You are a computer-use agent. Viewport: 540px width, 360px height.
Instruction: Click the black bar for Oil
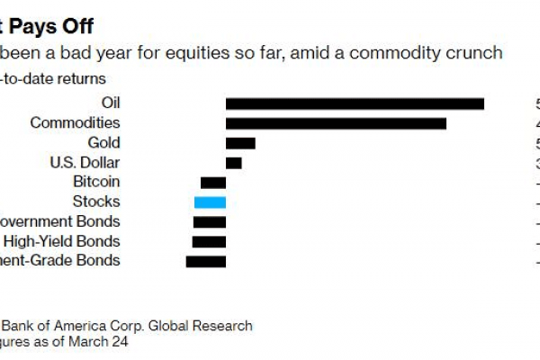tap(355, 103)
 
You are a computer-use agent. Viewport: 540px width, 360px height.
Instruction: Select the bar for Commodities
tap(336, 123)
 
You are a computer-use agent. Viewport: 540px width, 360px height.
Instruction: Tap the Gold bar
tap(240, 143)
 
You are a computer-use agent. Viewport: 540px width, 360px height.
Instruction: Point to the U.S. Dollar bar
tap(233, 163)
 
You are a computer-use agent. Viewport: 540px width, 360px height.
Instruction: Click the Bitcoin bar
tap(213, 183)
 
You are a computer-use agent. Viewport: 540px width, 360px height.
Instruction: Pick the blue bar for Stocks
tap(210, 202)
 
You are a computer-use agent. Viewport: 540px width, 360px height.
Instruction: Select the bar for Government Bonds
tap(210, 222)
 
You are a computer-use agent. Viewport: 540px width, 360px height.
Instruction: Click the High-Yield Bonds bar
tap(209, 242)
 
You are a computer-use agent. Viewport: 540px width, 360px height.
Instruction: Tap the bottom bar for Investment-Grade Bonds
tap(206, 262)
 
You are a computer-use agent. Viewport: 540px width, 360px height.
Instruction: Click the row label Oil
tap(109, 103)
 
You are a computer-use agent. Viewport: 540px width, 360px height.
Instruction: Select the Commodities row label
tap(75, 122)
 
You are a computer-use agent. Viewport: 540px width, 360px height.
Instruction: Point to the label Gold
tap(103, 142)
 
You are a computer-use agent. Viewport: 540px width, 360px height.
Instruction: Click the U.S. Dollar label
tap(84, 162)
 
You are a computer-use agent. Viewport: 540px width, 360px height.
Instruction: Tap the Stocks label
tap(96, 202)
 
